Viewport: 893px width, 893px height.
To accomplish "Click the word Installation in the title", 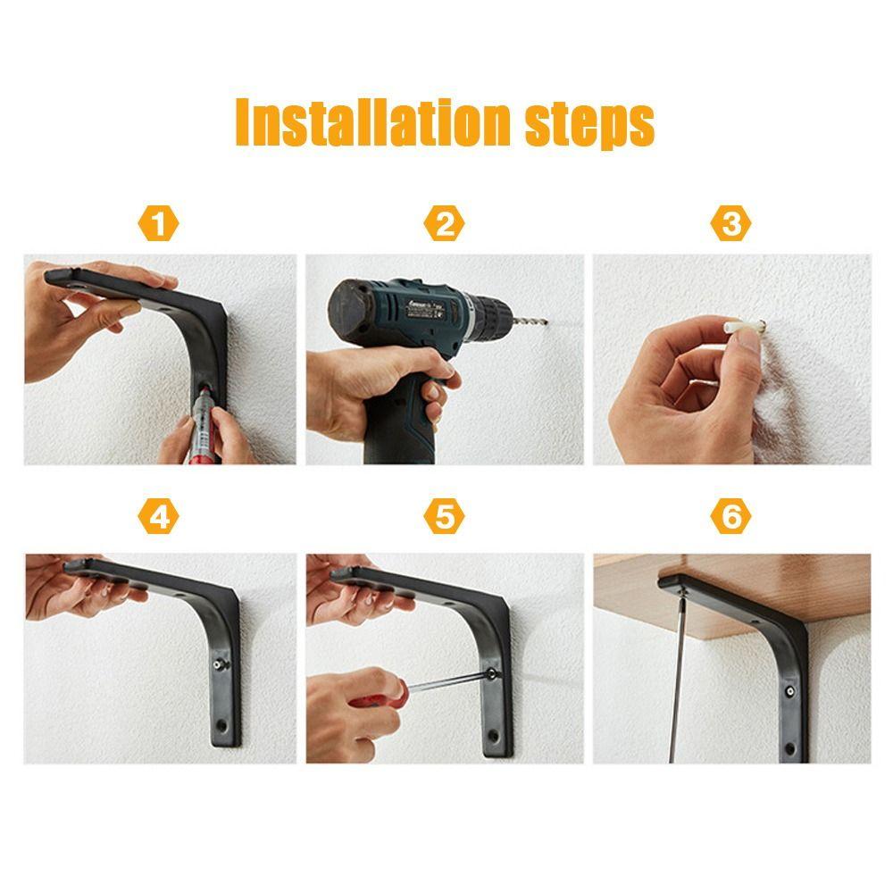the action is pyautogui.click(x=373, y=121).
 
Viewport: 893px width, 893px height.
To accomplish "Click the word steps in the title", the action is pyautogui.click(x=589, y=125).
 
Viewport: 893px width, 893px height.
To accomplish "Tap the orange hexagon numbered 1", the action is pyautogui.click(x=158, y=223).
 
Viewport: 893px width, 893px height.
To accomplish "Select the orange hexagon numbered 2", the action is pyautogui.click(x=444, y=223).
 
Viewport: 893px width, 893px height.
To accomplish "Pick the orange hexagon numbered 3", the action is pyautogui.click(x=730, y=223).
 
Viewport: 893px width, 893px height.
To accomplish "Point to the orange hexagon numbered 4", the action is pyautogui.click(x=158, y=516).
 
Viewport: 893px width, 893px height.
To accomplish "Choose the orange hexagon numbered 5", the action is pyautogui.click(x=444, y=516).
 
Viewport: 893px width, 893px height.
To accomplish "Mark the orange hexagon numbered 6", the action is pyautogui.click(x=730, y=516).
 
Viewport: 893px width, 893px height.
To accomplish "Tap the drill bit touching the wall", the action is pyautogui.click(x=530, y=321).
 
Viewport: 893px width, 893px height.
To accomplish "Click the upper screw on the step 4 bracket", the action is pyautogui.click(x=220, y=664).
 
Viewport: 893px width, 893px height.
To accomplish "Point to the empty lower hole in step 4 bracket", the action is pyautogui.click(x=221, y=725).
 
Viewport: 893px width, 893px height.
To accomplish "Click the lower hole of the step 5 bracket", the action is pyautogui.click(x=494, y=737).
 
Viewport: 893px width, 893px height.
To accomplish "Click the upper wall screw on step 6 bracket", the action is pyautogui.click(x=790, y=691).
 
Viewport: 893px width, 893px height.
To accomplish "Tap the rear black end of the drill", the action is pyautogui.click(x=348, y=309).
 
